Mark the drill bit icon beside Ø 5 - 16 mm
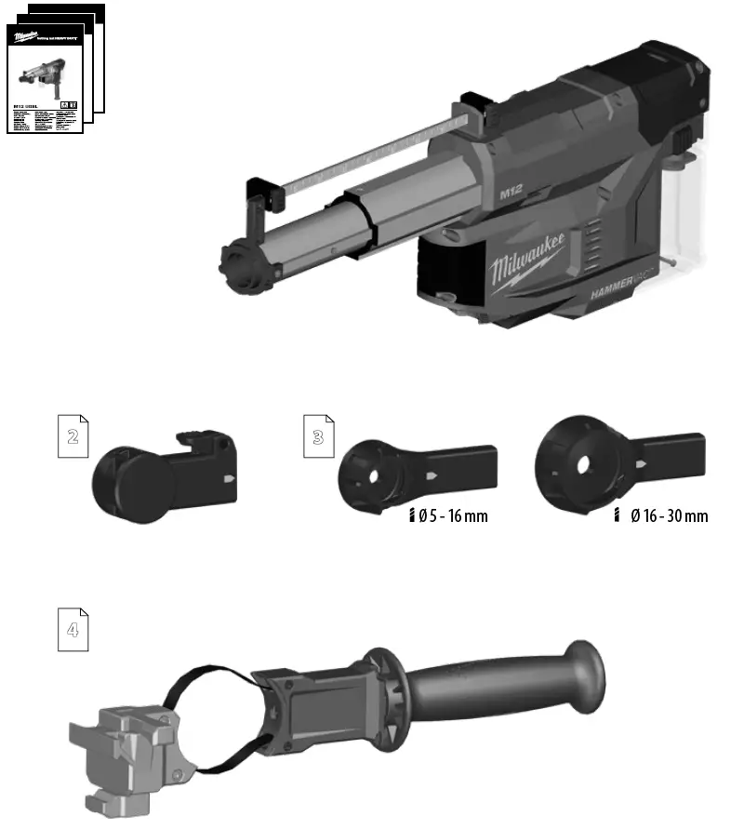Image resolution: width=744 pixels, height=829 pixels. pos(410,516)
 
